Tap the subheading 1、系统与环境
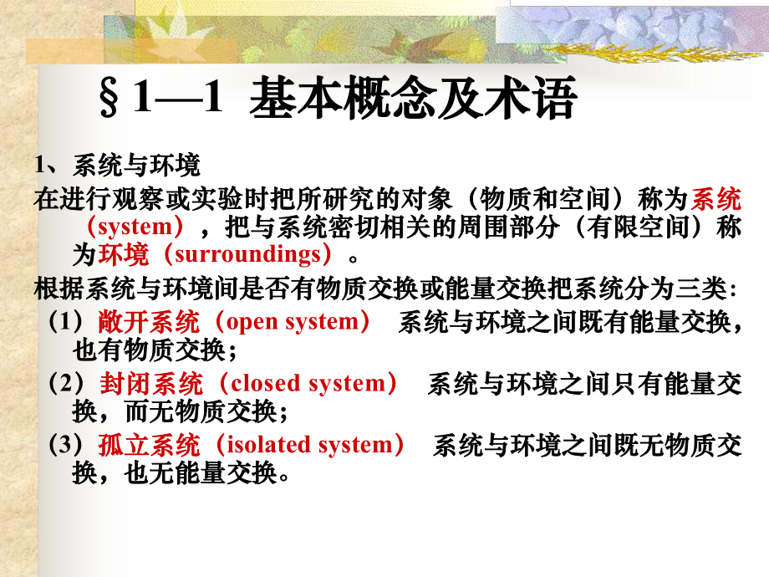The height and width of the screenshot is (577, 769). (x=117, y=166)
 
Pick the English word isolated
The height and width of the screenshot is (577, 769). (x=261, y=445)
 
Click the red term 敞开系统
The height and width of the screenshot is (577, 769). (x=149, y=322)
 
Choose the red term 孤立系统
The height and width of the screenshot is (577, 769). (x=149, y=445)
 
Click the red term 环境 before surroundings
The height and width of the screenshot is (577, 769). (x=124, y=253)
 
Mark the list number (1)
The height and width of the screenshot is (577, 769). (x=69, y=322)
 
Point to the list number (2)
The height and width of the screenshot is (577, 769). (x=69, y=384)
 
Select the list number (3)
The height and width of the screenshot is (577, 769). (x=69, y=445)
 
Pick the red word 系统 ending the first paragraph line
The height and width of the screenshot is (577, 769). (x=716, y=199)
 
